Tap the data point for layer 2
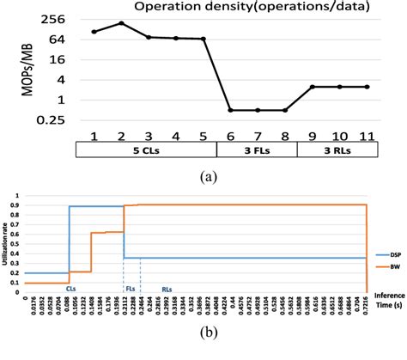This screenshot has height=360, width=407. tap(121, 23)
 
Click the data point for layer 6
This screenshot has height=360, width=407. tap(230, 110)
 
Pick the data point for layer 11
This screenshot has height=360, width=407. tap(367, 87)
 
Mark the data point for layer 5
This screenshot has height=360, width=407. tap(203, 39)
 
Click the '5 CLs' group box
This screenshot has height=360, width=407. tap(146, 149)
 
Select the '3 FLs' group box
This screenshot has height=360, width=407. tap(256, 149)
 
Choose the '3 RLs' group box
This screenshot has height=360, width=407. tap(337, 149)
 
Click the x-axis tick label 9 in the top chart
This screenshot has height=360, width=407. tap(313, 134)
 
